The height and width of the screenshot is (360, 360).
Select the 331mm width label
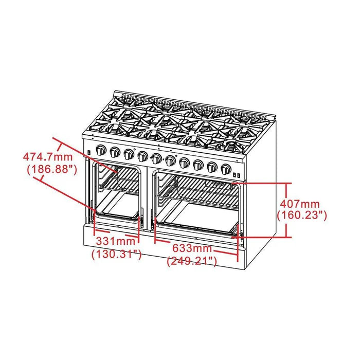click(115, 241)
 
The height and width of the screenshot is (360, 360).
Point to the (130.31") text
click(116, 254)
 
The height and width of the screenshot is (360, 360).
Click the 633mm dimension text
click(191, 248)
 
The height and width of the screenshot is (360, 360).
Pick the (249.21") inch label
click(192, 261)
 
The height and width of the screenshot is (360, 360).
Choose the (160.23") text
click(302, 216)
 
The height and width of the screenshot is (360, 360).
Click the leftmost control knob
click(101, 151)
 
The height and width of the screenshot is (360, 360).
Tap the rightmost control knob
click(225, 169)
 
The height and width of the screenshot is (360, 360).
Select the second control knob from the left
click(115, 152)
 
